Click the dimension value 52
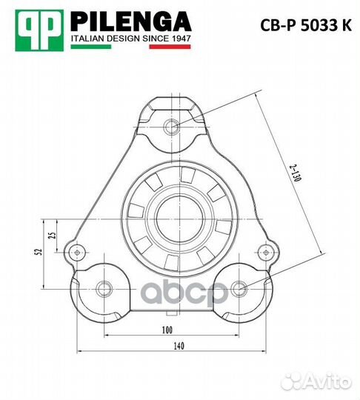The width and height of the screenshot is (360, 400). pos(38,253)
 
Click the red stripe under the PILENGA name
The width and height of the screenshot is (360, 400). pos(170,47)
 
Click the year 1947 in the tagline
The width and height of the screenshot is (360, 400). pos(179,38)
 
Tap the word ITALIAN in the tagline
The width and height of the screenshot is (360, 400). pos(87,38)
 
